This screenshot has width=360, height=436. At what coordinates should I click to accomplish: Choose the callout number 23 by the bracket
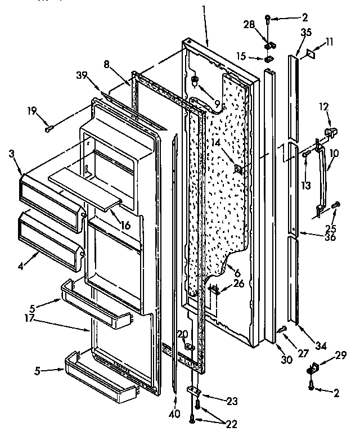[217, 401]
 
